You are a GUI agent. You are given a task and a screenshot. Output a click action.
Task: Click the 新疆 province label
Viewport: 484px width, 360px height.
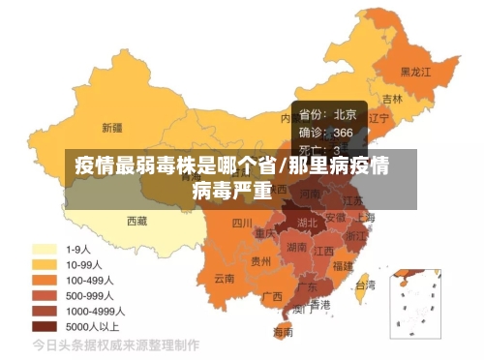[112, 127]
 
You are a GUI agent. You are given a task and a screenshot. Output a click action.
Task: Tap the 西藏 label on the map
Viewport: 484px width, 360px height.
[136, 221]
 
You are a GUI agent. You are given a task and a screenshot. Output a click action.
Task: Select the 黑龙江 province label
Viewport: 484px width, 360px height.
[416, 71]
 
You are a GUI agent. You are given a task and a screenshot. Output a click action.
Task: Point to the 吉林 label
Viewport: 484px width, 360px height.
[392, 99]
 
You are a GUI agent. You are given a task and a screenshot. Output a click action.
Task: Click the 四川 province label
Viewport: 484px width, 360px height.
[243, 223]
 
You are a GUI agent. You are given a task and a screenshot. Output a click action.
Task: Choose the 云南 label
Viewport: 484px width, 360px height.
[225, 278]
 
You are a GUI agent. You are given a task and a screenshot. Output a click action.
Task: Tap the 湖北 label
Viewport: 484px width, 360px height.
[307, 222]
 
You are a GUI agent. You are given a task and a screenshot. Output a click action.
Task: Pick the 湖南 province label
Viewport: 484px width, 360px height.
[297, 247]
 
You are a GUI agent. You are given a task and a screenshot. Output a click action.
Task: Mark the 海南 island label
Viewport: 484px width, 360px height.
[283, 332]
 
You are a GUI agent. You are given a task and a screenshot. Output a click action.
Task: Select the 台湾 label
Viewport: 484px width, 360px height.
[365, 285]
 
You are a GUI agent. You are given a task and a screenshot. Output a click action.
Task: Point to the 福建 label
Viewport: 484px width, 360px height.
[343, 264]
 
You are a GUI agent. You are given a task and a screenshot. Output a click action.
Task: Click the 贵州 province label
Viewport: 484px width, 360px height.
[261, 260]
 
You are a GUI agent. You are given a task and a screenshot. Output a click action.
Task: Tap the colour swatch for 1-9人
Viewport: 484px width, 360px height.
[44, 249]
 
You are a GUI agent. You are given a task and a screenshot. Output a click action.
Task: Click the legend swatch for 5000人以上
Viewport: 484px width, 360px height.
[44, 326]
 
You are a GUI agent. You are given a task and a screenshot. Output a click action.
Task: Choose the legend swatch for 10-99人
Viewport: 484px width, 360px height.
[44, 264]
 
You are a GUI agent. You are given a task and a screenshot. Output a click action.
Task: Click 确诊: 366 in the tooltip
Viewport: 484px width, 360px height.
[326, 133]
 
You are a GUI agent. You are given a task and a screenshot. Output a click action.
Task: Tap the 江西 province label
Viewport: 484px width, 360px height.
[325, 250]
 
